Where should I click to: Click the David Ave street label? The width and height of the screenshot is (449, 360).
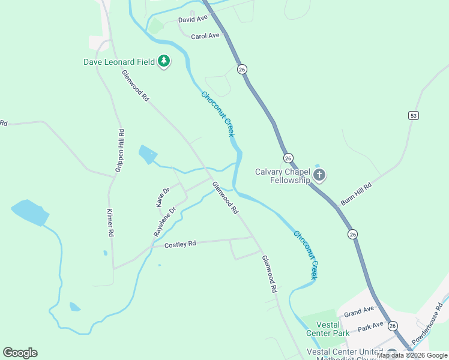click(193, 19)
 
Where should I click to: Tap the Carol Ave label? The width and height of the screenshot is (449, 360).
click(205, 36)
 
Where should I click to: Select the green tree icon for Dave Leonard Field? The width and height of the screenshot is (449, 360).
click(164, 61)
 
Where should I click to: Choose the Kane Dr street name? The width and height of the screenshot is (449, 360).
click(163, 197)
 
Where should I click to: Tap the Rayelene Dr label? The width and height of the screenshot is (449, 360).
click(164, 221)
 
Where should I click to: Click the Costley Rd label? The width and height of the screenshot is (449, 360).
click(180, 244)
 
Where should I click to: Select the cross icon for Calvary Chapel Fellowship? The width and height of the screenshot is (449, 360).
click(319, 176)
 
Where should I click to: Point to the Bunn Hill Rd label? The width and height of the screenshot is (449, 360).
click(356, 194)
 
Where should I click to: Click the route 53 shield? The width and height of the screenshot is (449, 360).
click(413, 115)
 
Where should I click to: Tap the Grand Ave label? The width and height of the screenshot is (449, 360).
click(359, 310)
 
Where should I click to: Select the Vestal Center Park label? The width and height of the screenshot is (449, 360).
click(328, 329)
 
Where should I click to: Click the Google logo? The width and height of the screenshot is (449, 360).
click(20, 353)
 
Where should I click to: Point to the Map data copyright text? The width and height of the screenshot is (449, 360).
click(412, 355)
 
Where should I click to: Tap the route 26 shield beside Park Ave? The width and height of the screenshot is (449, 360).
click(393, 325)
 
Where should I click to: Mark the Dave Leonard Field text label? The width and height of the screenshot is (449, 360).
click(119, 61)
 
